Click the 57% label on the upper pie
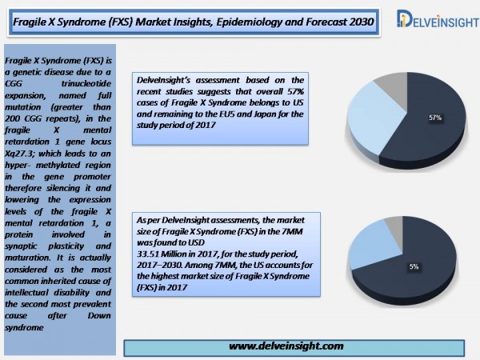pos(435,118)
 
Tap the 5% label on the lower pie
pos(414,266)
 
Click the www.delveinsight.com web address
pos(286,346)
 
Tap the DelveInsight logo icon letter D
pos(403,18)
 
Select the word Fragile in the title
pos(28,22)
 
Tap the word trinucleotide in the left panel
pos(86,83)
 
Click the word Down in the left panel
pos(99,315)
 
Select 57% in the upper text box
pos(295,91)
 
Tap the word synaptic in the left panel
pos(21,246)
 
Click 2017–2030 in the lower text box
pos(159,265)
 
